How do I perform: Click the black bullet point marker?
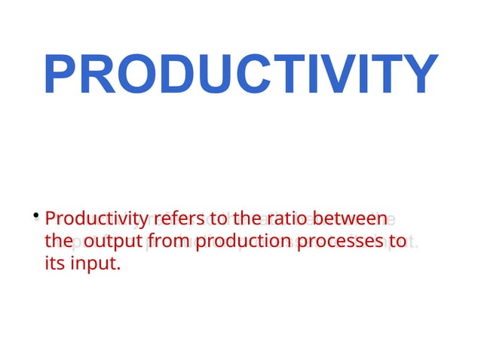pyautogui.click(x=35, y=217)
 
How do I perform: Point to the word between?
pyautogui.click(x=350, y=220)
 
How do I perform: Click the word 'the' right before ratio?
pyautogui.click(x=245, y=220)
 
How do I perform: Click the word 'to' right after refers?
pyautogui.click(x=219, y=220)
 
